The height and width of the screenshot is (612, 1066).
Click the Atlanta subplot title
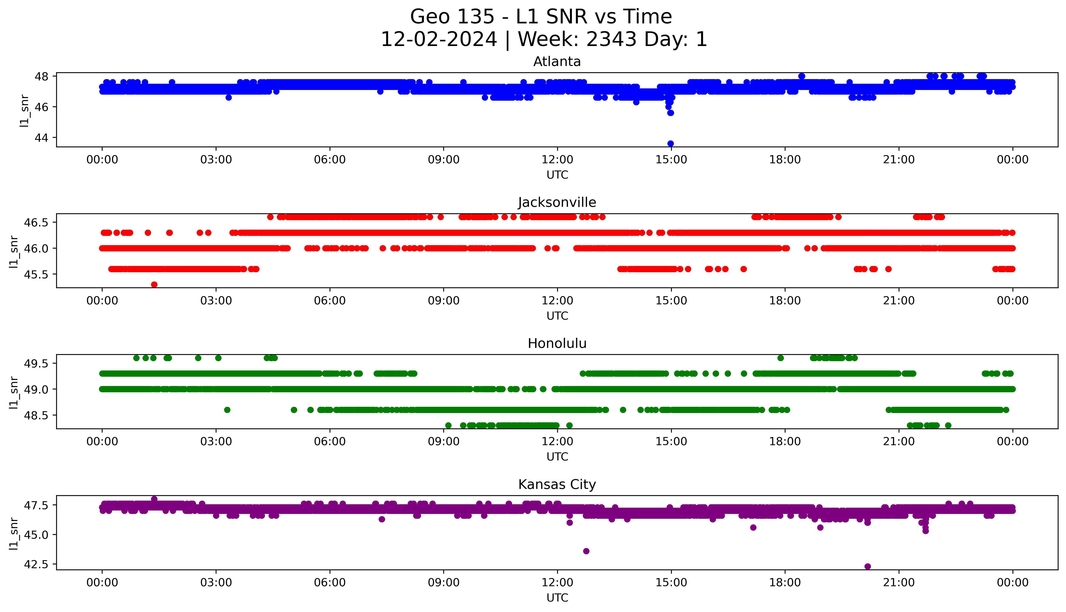[x=557, y=62]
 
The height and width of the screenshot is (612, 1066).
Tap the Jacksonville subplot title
[x=557, y=203]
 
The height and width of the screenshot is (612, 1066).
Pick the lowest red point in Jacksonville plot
[x=154, y=285]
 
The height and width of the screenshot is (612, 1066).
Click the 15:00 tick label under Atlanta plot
[x=671, y=160]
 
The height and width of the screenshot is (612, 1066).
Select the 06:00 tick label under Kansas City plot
[x=330, y=583]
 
